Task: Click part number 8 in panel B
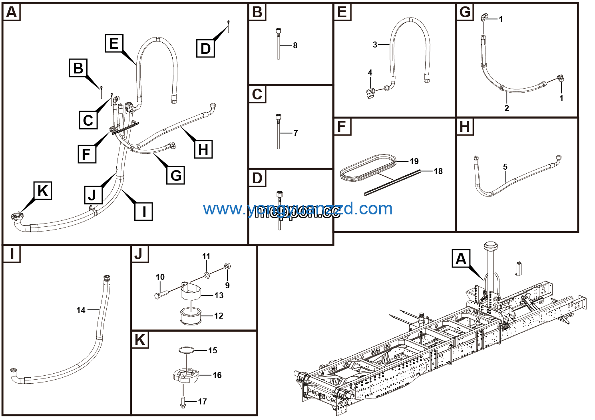(x=295, y=46)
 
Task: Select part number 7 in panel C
(x=295, y=133)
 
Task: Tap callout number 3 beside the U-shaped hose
(x=375, y=45)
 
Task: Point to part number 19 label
(x=414, y=161)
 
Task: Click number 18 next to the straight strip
(x=438, y=171)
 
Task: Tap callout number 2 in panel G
(x=507, y=108)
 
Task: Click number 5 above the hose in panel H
(x=505, y=167)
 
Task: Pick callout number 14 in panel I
(x=81, y=310)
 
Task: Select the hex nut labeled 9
(x=227, y=266)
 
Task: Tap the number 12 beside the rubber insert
(x=219, y=316)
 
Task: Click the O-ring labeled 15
(x=186, y=350)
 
